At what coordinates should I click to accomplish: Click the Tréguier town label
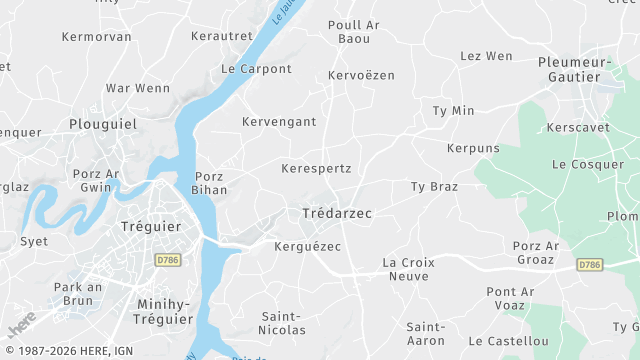click(x=150, y=227)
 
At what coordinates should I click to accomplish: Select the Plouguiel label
click(x=103, y=124)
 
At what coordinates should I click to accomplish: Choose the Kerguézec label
click(x=307, y=246)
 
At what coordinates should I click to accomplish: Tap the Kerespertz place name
click(x=316, y=168)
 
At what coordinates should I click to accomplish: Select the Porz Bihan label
click(x=211, y=183)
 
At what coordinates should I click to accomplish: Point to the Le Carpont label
click(x=256, y=69)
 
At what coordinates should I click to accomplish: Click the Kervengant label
click(x=279, y=122)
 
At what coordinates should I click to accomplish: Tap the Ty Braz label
click(x=434, y=187)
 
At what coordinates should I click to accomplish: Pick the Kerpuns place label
click(x=473, y=148)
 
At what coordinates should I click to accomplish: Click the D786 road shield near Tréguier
click(x=168, y=259)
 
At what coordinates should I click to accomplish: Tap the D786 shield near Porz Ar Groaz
click(x=590, y=264)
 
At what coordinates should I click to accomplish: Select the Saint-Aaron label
click(x=426, y=334)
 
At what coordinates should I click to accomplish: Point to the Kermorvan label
click(x=96, y=37)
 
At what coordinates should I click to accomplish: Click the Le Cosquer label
click(x=587, y=164)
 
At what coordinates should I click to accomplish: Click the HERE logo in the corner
click(x=22, y=322)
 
